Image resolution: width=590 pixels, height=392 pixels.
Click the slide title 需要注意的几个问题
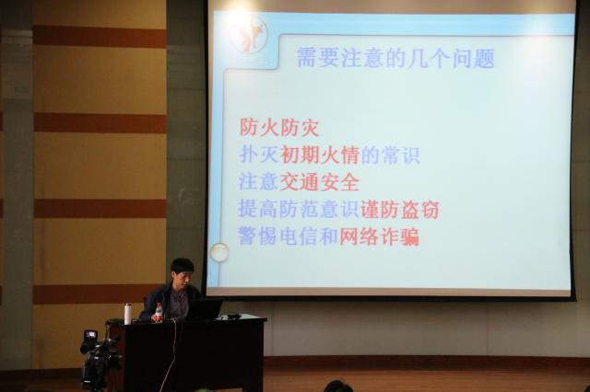tap(395, 59)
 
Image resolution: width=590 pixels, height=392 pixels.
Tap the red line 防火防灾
tap(279, 128)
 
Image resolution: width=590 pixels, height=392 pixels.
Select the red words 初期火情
tap(320, 156)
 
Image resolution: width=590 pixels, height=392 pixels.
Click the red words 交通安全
tap(319, 182)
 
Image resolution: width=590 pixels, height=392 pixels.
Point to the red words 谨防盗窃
tap(399, 210)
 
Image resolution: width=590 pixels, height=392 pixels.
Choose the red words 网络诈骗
tap(379, 236)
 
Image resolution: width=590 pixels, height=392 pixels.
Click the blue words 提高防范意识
tap(299, 210)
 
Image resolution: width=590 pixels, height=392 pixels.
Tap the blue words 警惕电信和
tap(289, 236)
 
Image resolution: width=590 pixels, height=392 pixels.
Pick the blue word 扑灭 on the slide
tap(259, 156)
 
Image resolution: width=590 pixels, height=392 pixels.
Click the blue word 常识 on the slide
tap(400, 156)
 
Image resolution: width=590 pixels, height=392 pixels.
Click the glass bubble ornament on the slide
tap(219, 252)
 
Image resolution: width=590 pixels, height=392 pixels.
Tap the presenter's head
tap(183, 273)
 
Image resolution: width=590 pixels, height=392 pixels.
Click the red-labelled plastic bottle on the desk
tap(159, 313)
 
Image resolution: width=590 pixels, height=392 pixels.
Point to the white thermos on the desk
tap(128, 314)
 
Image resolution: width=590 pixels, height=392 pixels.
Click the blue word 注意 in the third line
tap(258, 182)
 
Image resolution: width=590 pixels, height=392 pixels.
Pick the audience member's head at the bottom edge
tap(338, 386)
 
